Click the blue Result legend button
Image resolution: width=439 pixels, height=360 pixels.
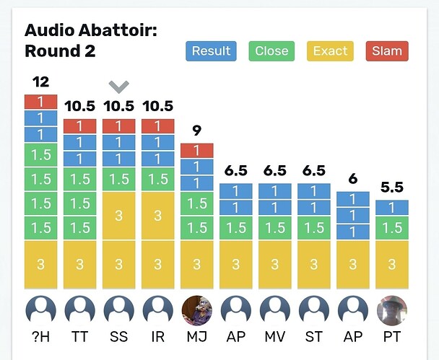coord(211,51)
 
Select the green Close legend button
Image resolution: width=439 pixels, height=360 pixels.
coord(271,51)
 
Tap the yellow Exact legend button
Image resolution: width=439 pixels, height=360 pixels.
coord(330,51)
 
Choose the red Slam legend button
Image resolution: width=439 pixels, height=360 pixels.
coord(387,51)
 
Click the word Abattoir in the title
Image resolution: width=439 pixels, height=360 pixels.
coord(119,31)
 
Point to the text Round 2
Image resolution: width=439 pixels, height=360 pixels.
coord(60,51)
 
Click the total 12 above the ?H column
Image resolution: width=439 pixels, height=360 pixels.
coord(40,82)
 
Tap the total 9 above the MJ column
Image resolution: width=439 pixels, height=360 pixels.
coord(196,131)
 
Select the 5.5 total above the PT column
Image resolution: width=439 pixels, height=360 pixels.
coord(392,187)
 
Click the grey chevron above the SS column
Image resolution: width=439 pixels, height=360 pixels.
coord(118,87)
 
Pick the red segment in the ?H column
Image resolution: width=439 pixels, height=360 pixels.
coord(40,102)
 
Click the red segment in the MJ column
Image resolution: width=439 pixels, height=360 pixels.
coord(196,150)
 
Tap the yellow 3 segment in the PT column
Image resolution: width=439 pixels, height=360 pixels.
coord(392,264)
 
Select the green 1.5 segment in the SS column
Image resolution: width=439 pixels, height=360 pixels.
coord(118,178)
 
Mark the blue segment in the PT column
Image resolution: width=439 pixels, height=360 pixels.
coord(392,207)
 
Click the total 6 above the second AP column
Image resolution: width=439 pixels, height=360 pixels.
coord(352,179)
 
